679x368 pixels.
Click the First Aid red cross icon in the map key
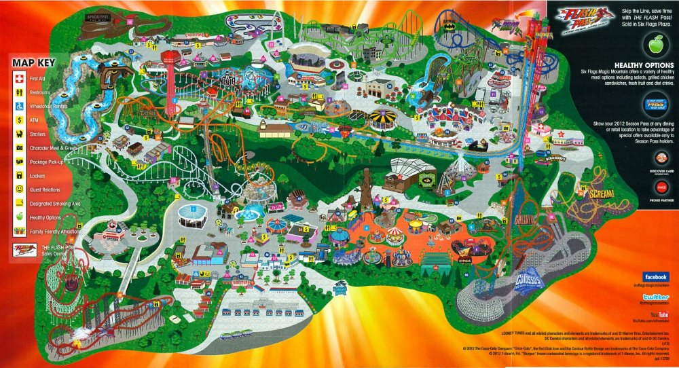pyautogui.click(x=20, y=78)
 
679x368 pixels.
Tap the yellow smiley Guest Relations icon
pyautogui.click(x=20, y=189)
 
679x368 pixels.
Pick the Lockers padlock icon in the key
pyautogui.click(x=20, y=175)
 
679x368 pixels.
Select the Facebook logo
pyautogui.click(x=656, y=277)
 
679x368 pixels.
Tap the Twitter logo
pyautogui.click(x=656, y=297)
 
